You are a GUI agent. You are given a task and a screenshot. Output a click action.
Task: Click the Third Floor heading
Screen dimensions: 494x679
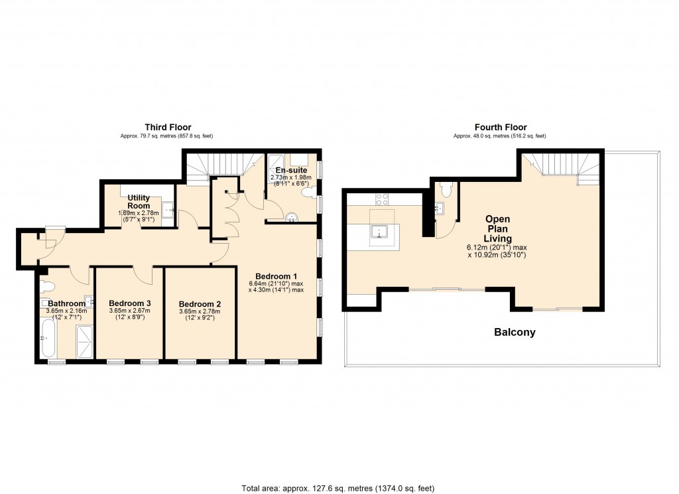click(168, 127)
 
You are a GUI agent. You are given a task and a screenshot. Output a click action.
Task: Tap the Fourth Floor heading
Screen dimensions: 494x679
click(500, 127)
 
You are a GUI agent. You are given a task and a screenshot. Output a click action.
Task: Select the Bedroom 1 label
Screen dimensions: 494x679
click(276, 276)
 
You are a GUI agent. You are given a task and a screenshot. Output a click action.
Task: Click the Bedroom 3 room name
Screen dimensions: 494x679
click(130, 303)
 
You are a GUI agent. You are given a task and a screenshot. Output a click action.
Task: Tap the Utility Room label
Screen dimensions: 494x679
click(139, 202)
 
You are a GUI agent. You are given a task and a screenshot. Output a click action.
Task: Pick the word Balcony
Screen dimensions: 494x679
click(515, 332)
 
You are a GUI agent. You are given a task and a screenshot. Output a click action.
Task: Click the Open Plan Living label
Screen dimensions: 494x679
click(497, 228)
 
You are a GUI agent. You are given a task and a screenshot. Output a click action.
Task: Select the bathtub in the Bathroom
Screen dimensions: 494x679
click(46, 338)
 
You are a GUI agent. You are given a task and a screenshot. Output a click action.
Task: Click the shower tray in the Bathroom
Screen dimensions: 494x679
click(85, 341)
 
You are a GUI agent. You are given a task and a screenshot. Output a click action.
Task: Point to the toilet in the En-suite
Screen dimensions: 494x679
click(308, 193)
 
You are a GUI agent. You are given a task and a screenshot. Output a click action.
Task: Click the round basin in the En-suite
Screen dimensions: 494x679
click(290, 216)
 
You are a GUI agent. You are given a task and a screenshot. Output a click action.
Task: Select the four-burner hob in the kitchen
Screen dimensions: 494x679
click(383, 197)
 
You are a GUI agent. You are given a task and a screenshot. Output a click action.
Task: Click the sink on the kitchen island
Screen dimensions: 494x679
click(381, 232)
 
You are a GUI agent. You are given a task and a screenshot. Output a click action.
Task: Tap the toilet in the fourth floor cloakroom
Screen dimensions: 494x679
click(447, 190)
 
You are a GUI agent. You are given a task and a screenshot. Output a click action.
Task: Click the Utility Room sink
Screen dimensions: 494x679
click(168, 210)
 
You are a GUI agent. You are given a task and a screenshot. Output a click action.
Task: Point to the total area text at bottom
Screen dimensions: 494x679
click(338, 488)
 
